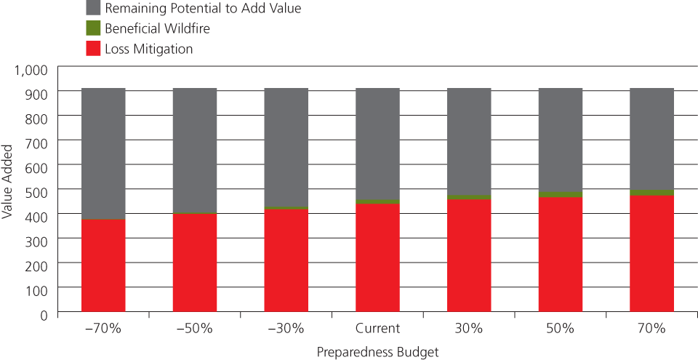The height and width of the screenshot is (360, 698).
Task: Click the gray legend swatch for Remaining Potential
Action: pos(94,9)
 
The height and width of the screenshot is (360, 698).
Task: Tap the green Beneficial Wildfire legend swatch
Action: pos(94,29)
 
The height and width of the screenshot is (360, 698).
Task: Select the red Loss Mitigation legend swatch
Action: pos(94,49)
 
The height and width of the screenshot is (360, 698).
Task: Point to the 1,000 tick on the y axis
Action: pos(31,70)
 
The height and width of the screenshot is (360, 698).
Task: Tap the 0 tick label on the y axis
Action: pos(44,314)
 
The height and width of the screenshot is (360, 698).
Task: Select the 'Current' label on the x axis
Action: pos(377,328)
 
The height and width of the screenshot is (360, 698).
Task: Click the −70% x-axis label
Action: pos(103,328)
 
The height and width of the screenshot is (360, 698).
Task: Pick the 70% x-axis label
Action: pos(651,328)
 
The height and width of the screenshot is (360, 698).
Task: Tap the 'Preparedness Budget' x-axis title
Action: pos(377,351)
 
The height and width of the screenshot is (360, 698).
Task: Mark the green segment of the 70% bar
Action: pos(651,193)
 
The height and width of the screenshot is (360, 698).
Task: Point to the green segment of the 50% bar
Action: pos(561,194)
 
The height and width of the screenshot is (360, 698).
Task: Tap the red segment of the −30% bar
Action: pos(286,262)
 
